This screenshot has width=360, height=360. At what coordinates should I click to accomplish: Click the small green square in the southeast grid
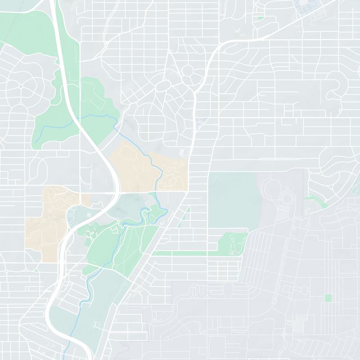328,298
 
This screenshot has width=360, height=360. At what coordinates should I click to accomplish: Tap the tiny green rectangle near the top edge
261,18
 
